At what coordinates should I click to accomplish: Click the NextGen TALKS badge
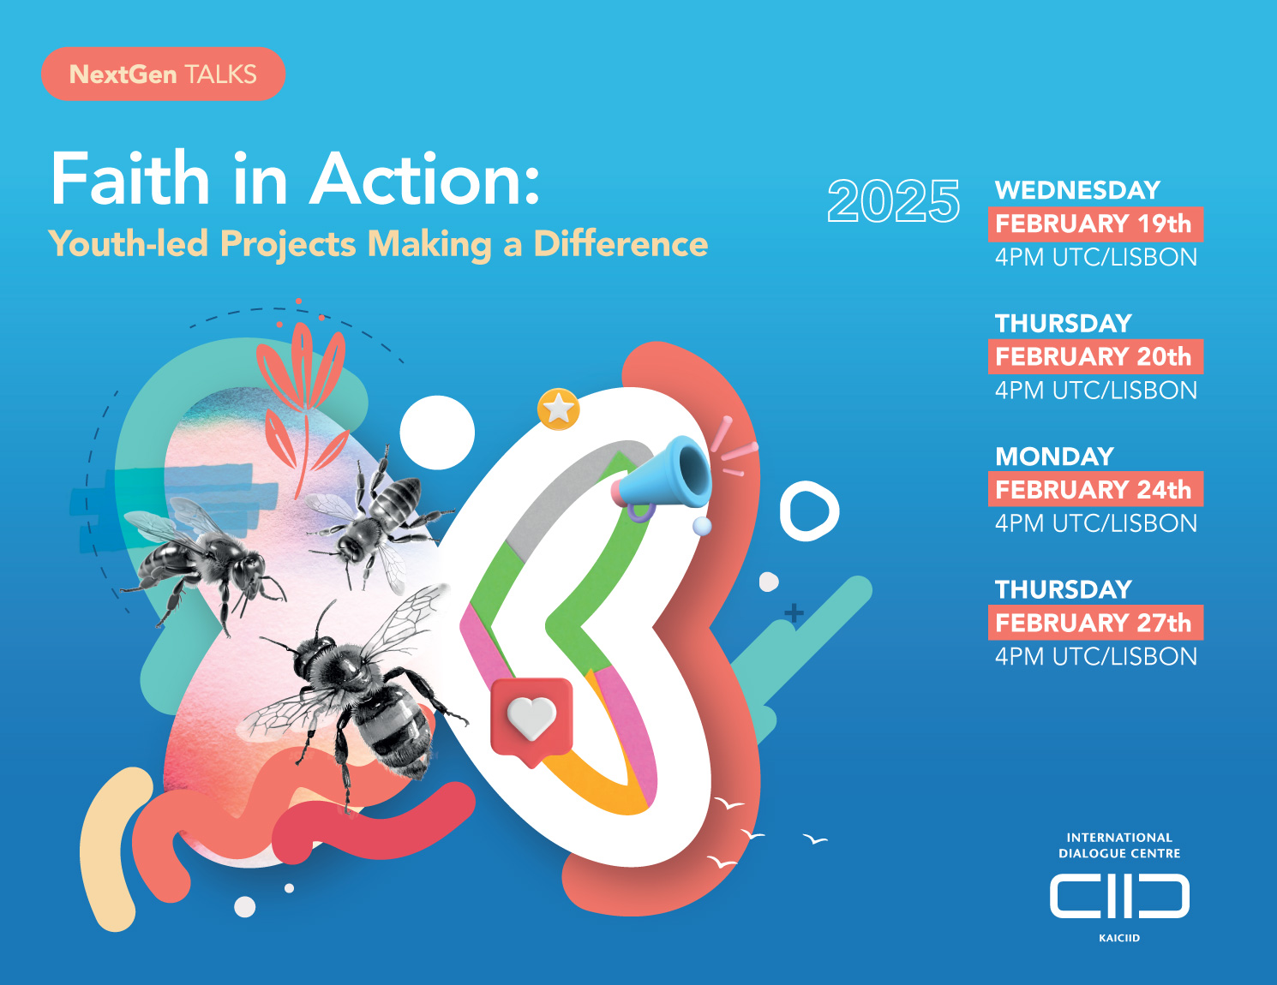coord(163,74)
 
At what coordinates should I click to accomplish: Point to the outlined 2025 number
coord(893,200)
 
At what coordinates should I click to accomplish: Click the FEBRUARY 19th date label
coord(1095,224)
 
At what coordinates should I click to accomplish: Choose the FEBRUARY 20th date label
coord(1095,357)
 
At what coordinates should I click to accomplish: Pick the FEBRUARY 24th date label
coord(1095,489)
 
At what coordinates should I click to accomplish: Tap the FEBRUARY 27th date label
coord(1095,622)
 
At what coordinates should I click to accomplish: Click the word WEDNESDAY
coord(1078,190)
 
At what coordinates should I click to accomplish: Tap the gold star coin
coord(558,409)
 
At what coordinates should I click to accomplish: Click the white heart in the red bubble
coord(531,717)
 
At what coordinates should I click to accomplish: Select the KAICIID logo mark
coord(1119,896)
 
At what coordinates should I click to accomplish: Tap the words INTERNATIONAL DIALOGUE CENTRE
coord(1119,845)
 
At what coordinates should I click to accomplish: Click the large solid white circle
coord(436,433)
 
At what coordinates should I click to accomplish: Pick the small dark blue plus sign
coord(794,613)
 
